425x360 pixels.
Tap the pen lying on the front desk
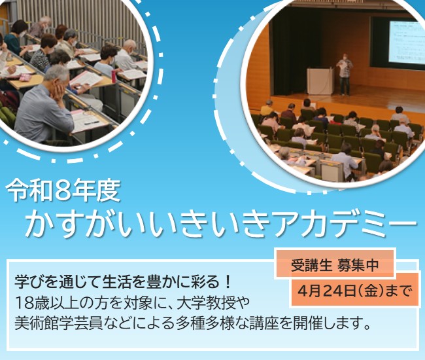click(x=91, y=122)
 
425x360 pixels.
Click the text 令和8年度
click(x=63, y=190)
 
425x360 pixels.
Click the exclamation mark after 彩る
click(x=227, y=283)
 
